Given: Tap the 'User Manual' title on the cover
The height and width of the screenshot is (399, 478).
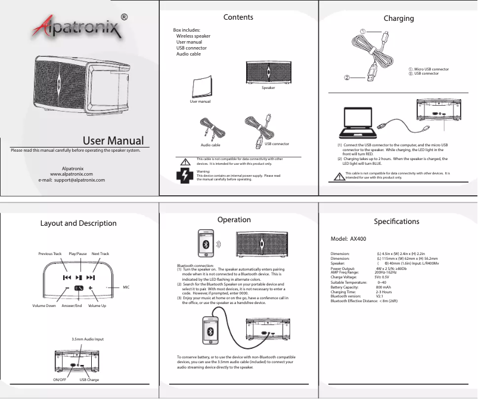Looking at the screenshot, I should tap(113, 141).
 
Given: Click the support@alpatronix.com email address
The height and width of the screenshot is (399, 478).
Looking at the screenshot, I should tap(72, 179).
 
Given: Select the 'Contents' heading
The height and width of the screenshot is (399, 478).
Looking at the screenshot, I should tap(238, 17).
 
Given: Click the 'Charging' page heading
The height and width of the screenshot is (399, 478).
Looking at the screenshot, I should tap(399, 19).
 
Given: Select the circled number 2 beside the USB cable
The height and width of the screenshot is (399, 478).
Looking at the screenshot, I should tap(347, 77).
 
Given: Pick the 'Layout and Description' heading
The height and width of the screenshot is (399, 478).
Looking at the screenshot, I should tap(78, 223).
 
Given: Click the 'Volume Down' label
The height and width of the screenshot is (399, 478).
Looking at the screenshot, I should tap(44, 306).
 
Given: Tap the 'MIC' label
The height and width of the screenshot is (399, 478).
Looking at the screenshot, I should tap(126, 287).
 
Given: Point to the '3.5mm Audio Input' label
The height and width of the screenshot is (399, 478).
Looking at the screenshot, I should tap(88, 339).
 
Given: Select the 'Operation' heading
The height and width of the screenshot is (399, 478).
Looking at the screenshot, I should tap(234, 220).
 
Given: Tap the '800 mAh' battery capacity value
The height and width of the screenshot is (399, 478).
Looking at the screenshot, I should tap(383, 287).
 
